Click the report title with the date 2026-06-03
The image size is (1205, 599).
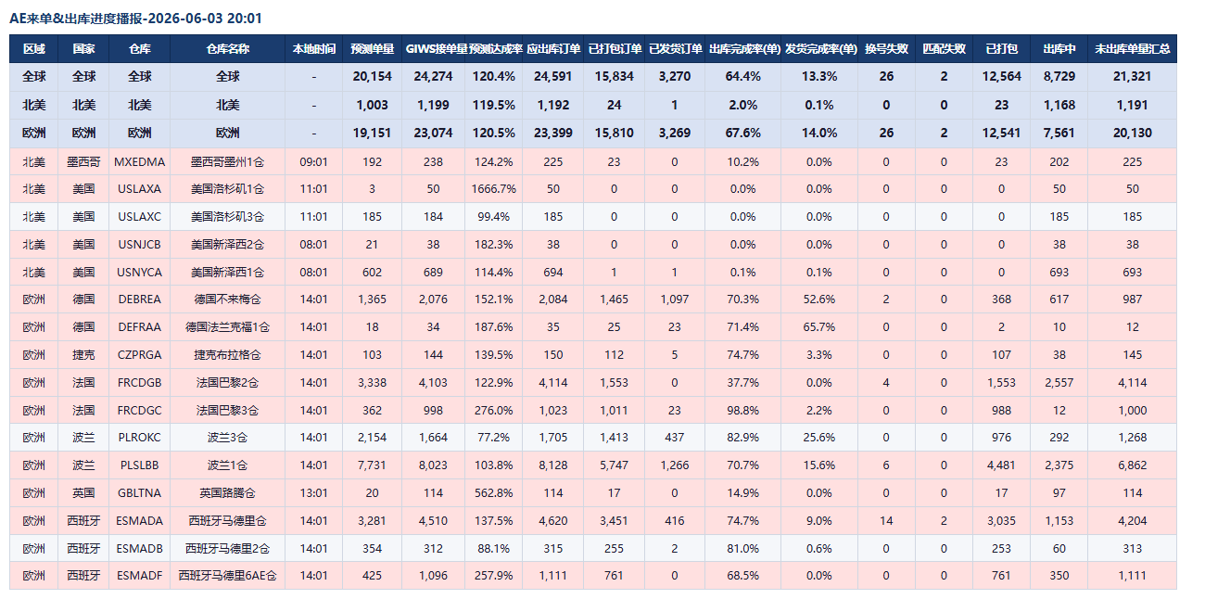point(135,19)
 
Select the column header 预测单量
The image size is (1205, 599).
point(372,49)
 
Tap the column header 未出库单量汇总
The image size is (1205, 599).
point(1132,49)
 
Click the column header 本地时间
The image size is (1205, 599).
point(313,49)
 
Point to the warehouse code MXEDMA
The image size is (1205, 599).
point(139,162)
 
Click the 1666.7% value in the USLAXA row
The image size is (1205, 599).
point(493,189)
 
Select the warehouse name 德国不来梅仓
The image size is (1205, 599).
point(227,299)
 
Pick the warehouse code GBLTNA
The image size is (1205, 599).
point(139,493)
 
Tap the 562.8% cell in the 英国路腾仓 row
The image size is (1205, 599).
point(493,493)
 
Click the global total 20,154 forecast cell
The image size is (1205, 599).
point(372,76)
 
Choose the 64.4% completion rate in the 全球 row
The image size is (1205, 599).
point(742,76)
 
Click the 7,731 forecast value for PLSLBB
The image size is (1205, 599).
point(372,465)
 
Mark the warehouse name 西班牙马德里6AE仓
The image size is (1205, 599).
point(227,576)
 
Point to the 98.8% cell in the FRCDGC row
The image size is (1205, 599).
point(742,410)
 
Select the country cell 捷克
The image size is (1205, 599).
point(83,354)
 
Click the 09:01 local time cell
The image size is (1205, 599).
point(313,162)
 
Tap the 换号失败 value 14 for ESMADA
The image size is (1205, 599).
point(886,520)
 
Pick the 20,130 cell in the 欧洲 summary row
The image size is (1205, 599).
point(1132,133)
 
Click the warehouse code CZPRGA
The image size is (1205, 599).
point(139,354)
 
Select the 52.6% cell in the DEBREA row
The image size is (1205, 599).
point(818,299)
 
